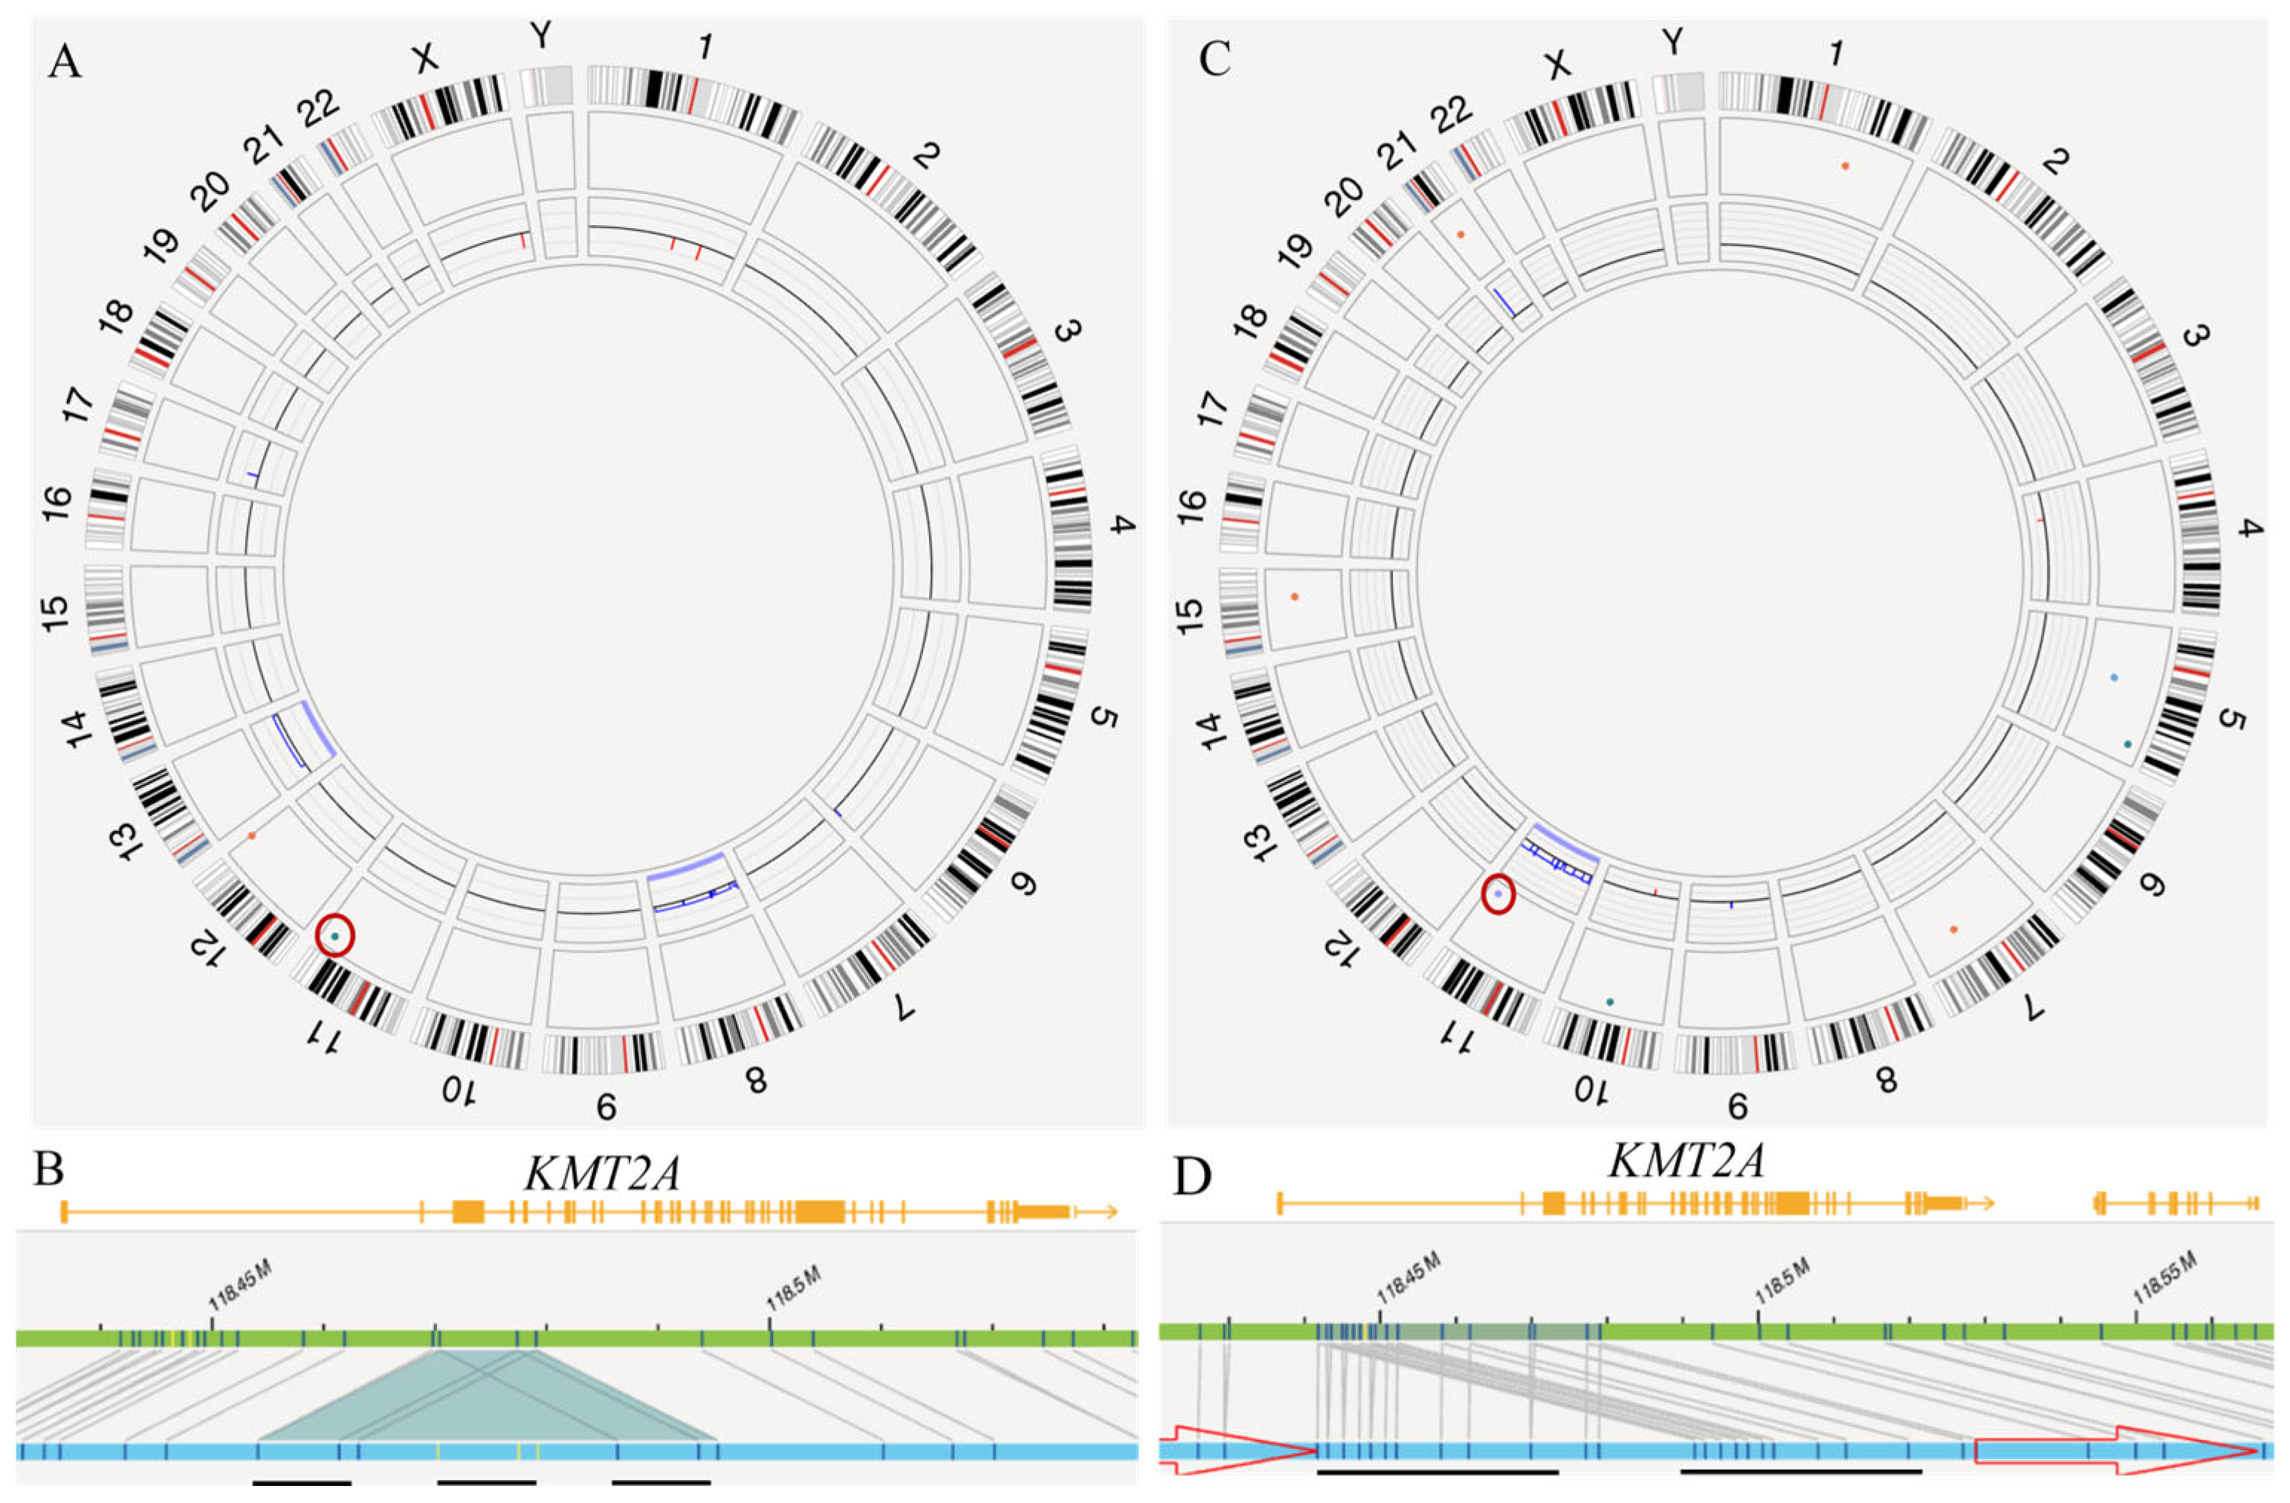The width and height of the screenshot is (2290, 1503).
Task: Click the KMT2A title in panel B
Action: tap(602, 1173)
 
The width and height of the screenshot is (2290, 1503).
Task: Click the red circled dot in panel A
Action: tap(334, 935)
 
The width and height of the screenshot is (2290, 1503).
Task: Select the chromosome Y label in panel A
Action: tap(543, 37)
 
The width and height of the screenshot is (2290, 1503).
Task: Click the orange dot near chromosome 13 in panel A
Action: tap(251, 836)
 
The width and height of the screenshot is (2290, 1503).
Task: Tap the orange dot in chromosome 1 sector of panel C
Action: tap(1845, 167)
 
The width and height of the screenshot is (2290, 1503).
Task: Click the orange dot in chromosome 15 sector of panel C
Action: tap(1295, 598)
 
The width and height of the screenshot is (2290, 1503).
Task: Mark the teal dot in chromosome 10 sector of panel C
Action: tap(1610, 1003)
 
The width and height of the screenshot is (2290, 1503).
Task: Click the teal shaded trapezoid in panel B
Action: tap(486, 1415)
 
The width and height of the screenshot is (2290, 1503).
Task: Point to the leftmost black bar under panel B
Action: tap(302, 1483)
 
